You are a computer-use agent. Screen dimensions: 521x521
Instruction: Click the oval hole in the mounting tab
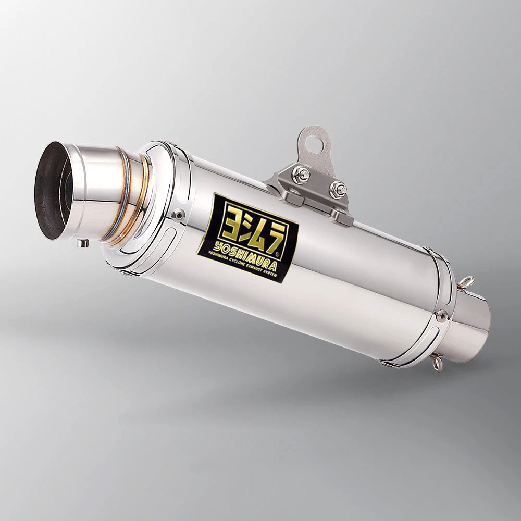pos(313,142)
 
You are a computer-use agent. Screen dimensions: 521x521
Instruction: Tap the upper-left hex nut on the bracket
pos(301,174)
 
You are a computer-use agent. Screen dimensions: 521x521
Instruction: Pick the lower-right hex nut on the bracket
pos(338,190)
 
